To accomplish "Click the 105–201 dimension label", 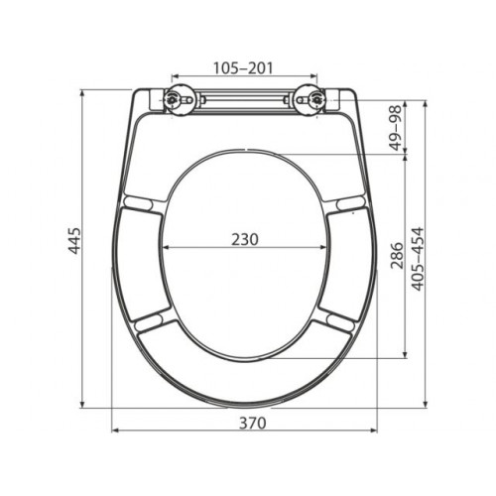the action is pos(243,68).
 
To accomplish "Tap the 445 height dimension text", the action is pos(74,240).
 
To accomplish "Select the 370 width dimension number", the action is pos(253,423).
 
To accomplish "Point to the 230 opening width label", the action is pos(244,240).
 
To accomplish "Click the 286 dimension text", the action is pos(398,256).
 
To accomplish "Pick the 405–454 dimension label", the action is pos(418,259).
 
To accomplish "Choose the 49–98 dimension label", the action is pos(396,128).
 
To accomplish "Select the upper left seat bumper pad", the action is pos(138,201).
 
